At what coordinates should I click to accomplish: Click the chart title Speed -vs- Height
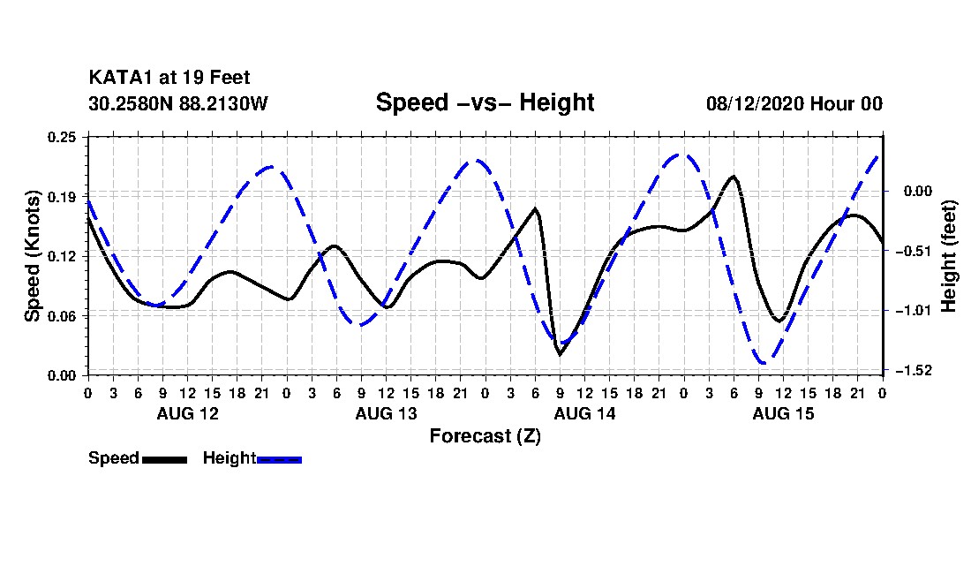[x=485, y=102]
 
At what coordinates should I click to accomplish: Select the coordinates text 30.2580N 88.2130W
[x=178, y=103]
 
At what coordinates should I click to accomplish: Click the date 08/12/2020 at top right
[x=755, y=103]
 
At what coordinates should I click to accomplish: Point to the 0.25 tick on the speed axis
[x=62, y=137]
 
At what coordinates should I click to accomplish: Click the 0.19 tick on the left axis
[x=62, y=197]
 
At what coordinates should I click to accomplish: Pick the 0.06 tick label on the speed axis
[x=62, y=316]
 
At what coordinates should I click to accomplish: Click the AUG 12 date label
[x=188, y=413]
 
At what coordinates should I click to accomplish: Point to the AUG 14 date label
[x=584, y=413]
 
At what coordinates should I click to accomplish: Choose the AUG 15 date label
[x=783, y=413]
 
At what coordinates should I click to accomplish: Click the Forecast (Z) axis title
[x=485, y=436]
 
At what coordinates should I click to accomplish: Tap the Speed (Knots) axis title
[x=33, y=256]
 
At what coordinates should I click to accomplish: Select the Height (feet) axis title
[x=948, y=256]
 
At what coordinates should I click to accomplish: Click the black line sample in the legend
[x=165, y=460]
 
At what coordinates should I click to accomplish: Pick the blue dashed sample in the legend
[x=279, y=460]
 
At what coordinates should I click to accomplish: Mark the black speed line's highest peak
[x=734, y=177]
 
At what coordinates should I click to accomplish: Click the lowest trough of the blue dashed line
[x=764, y=363]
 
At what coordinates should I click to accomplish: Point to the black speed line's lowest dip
[x=560, y=355]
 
